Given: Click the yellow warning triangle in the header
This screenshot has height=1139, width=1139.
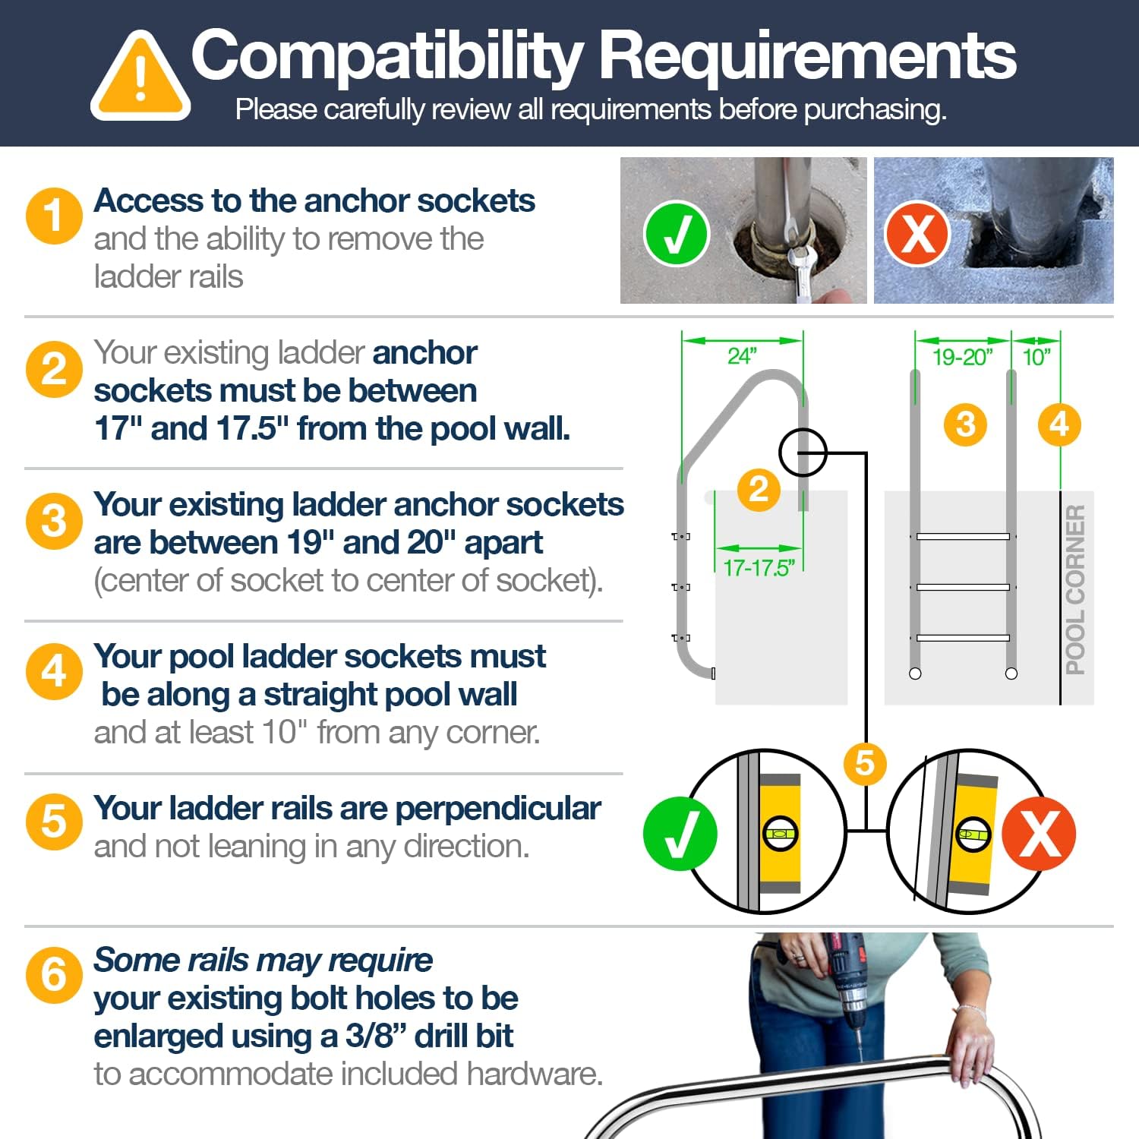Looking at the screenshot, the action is tap(140, 76).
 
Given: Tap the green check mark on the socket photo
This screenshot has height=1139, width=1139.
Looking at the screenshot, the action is tap(676, 233).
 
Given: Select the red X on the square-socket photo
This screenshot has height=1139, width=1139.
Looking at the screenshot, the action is tap(917, 232).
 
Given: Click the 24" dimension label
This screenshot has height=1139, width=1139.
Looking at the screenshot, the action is tap(742, 355).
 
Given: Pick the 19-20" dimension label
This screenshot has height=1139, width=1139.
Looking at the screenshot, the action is tap(962, 356).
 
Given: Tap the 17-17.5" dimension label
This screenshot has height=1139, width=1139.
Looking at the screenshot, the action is tap(759, 567).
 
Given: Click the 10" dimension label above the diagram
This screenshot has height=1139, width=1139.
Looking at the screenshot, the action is tap(1036, 356).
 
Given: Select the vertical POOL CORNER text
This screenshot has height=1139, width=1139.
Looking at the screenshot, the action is tap(1075, 589).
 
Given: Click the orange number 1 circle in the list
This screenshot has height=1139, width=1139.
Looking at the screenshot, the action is tap(54, 216).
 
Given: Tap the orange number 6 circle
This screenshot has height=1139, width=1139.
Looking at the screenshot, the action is tap(54, 974).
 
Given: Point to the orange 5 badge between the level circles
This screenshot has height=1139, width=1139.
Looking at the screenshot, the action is tap(865, 763).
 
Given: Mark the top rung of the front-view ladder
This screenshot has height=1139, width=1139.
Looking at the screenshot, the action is tap(963, 537).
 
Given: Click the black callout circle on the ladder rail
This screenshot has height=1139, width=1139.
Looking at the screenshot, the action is tap(803, 453).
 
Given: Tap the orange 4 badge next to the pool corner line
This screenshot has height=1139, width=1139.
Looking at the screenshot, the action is tap(1059, 424).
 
